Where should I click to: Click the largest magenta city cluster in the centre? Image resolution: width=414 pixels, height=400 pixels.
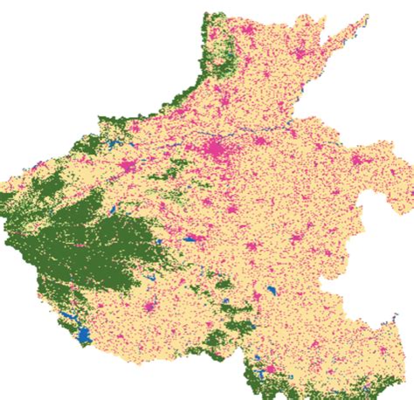[x=216, y=147]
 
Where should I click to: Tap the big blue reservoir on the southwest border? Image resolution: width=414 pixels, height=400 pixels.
[x=84, y=334]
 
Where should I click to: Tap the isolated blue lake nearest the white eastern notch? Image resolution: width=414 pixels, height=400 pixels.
[x=273, y=291]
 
